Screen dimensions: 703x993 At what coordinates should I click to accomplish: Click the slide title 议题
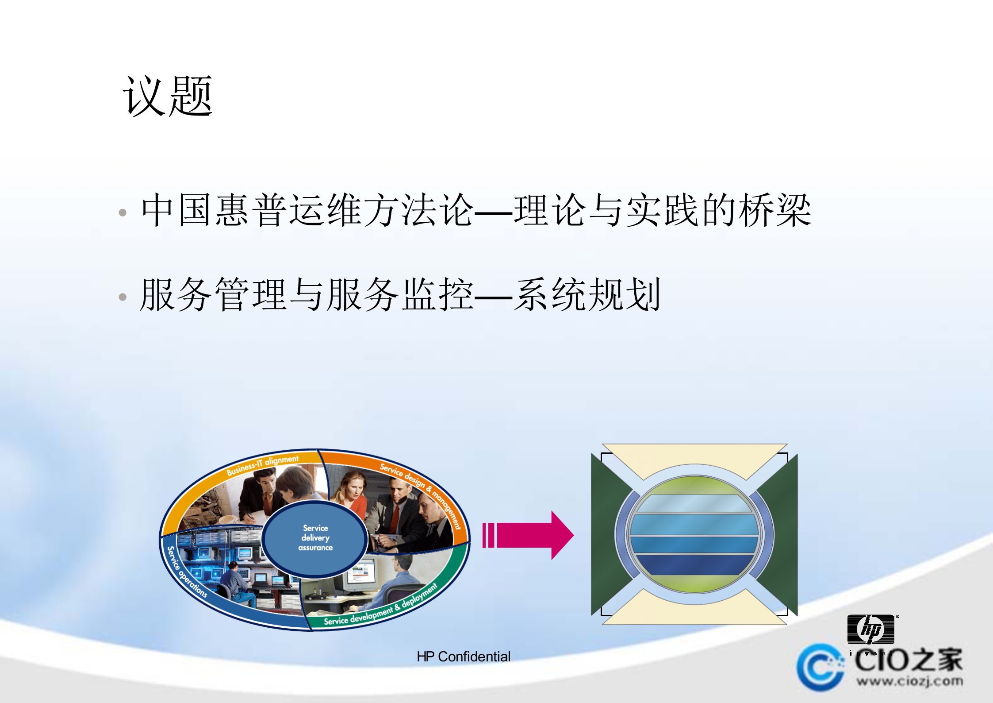[x=168, y=96]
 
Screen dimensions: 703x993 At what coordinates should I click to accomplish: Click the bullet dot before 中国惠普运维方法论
[x=123, y=213]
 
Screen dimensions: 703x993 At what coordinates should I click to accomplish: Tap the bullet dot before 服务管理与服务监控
[x=123, y=297]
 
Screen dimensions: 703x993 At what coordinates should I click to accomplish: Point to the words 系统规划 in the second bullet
[x=588, y=295]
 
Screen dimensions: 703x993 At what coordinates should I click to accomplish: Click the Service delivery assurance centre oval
[x=315, y=538]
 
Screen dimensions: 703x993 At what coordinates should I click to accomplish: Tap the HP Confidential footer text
[x=463, y=657]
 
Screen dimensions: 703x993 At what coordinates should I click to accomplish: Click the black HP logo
[x=870, y=629]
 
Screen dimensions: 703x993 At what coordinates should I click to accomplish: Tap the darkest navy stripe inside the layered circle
[x=694, y=564]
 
